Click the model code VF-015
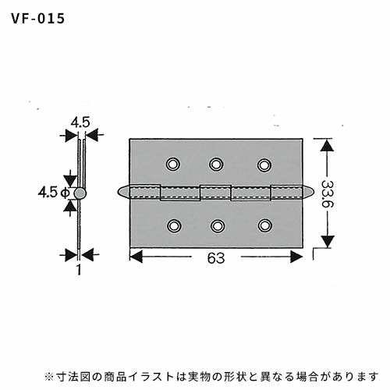point(38,19)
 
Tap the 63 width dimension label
point(216,258)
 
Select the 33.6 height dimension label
point(327,193)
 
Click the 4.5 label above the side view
point(80,122)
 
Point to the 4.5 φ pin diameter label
point(54,193)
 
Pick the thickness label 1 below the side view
point(79,270)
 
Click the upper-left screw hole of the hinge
point(173,165)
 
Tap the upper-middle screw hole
point(216,165)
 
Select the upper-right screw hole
point(264,165)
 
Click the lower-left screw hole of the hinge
point(174,225)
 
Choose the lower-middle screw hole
point(218,225)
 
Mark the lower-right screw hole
point(265,225)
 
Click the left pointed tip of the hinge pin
point(118,192)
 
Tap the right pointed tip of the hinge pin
point(314,192)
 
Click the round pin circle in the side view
point(80,193)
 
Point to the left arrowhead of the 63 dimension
point(136,257)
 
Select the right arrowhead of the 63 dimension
point(296,257)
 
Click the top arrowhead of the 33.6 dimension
point(327,145)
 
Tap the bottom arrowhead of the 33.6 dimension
point(327,241)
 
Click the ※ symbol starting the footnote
point(48,377)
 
